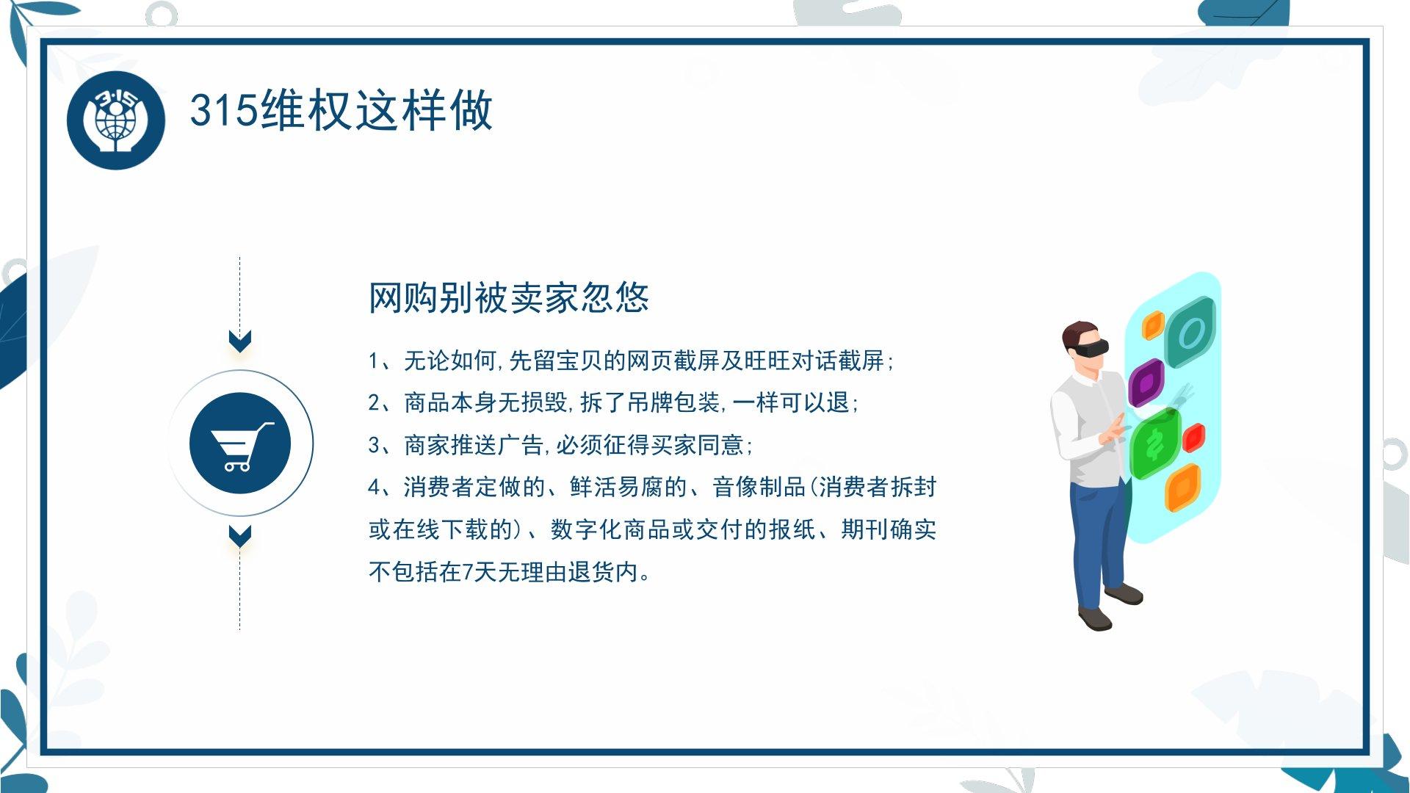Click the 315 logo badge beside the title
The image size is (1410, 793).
pos(116,120)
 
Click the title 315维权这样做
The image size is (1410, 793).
pos(341,111)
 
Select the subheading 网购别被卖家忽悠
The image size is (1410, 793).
pos(508,297)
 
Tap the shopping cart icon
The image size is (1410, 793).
pos(241,445)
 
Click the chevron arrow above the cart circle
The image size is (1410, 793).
pos(240,341)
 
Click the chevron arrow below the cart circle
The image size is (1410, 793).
pos(240,536)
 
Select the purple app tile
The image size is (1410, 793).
pos(1146,383)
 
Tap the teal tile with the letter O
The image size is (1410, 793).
pos(1190,333)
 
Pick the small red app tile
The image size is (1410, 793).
pos(1194,438)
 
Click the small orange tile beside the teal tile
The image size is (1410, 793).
pos(1153,325)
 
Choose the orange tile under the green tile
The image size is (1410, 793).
pos(1183,488)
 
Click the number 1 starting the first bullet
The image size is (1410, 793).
pos(374,361)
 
